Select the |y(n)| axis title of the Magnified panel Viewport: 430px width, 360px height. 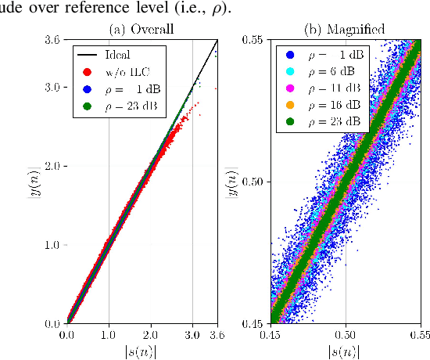click(232, 181)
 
